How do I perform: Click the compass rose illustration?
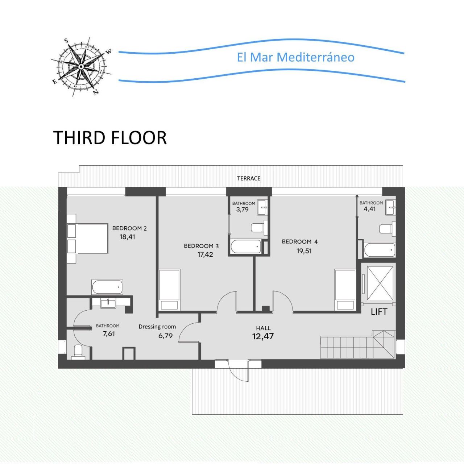(81, 67)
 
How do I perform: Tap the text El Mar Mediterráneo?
(295, 57)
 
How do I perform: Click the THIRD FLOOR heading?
(110, 138)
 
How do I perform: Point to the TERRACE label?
(249, 178)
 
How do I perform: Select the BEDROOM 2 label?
(129, 228)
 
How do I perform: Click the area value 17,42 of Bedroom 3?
(205, 254)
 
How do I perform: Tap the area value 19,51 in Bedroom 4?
(304, 251)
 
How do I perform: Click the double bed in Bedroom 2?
(92, 239)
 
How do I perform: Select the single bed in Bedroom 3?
(169, 290)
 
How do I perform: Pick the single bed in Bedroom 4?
(345, 290)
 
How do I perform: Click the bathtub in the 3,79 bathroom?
(246, 247)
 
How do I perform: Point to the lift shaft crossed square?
(380, 283)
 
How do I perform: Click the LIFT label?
(379, 312)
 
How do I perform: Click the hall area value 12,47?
(263, 336)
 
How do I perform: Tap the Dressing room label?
(157, 327)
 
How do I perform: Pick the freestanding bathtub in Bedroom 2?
(107, 287)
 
